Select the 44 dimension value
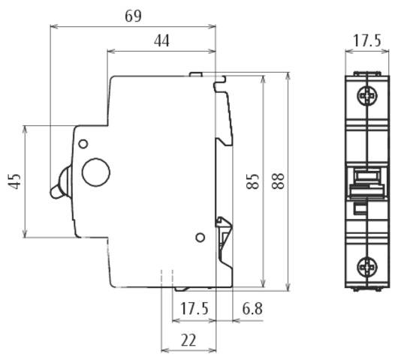pyautogui.click(x=161, y=40)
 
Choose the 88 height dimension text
pyautogui.click(x=278, y=181)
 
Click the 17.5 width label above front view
pyautogui.click(x=366, y=40)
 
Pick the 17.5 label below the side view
pyautogui.click(x=194, y=309)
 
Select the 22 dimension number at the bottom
pyautogui.click(x=188, y=340)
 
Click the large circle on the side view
pyautogui.click(x=96, y=172)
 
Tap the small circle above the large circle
pyautogui.click(x=83, y=143)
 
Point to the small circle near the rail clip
pyautogui.click(x=200, y=238)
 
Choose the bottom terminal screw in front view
pyautogui.click(x=366, y=265)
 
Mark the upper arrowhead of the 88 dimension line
pyautogui.click(x=288, y=76)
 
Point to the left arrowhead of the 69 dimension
pyautogui.click(x=53, y=26)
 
